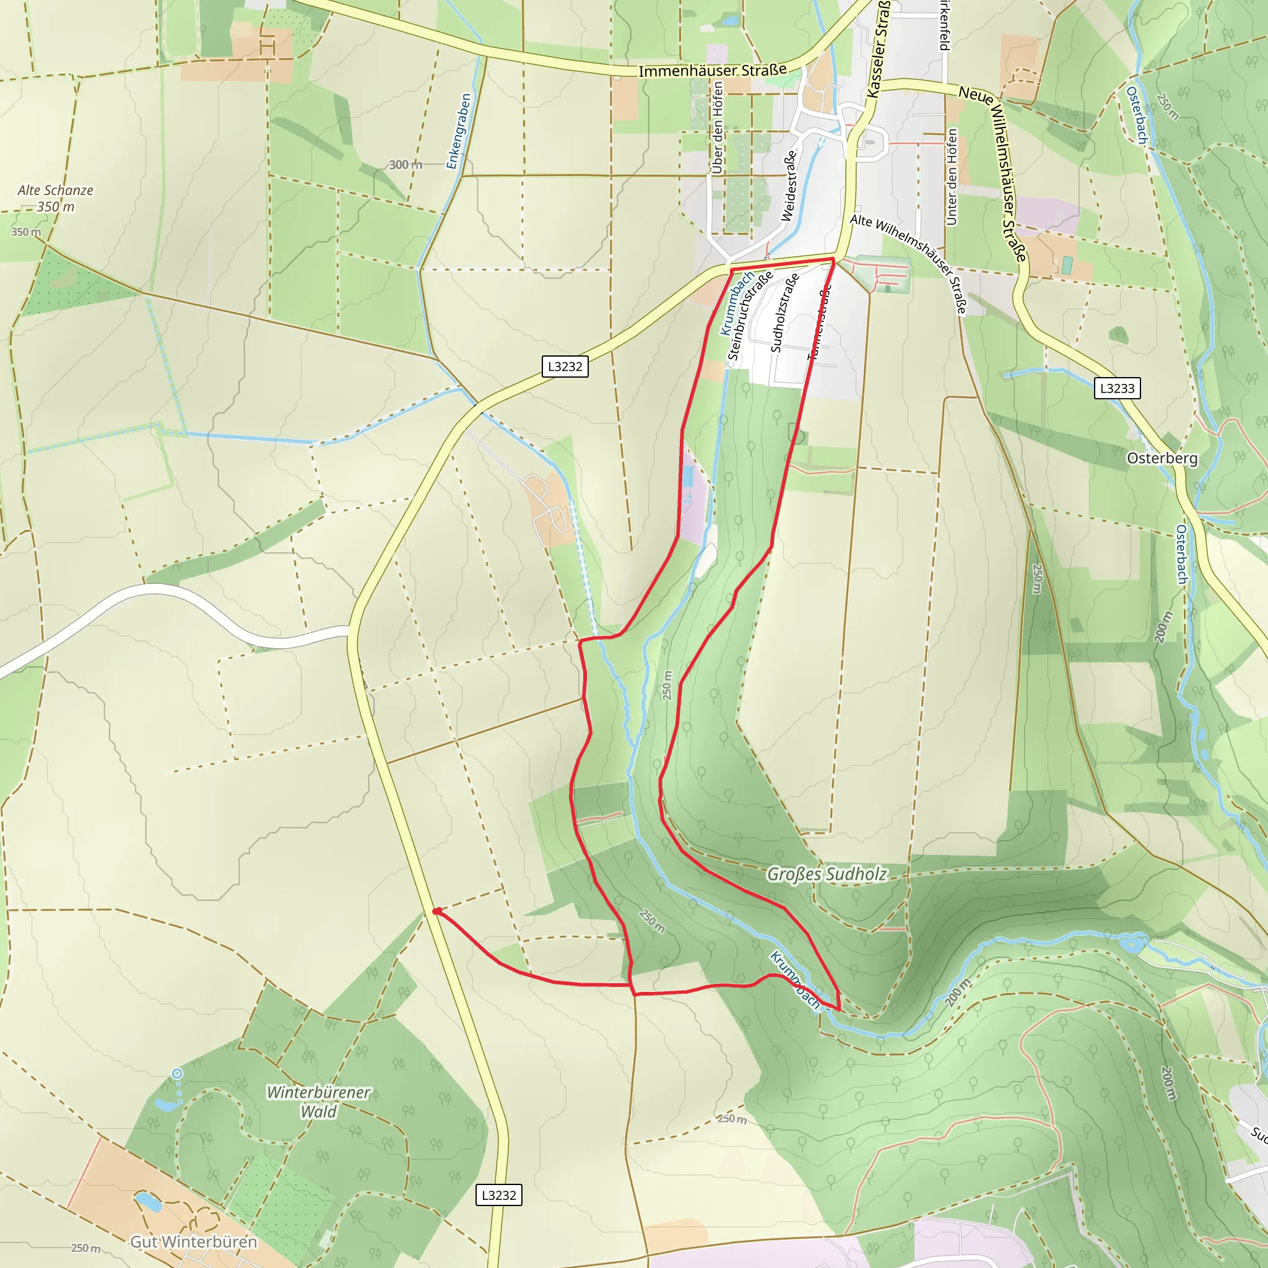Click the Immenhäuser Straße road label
click(712, 70)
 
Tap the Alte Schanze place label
click(55, 190)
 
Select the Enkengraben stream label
click(459, 131)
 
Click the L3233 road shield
click(1117, 388)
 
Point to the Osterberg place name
click(1162, 458)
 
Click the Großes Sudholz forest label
click(827, 874)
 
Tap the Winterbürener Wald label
click(319, 1101)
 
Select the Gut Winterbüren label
click(194, 1242)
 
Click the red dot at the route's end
click(436, 911)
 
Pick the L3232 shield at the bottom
click(499, 1195)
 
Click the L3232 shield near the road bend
click(565, 367)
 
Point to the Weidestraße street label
click(789, 186)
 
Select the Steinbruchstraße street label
click(750, 316)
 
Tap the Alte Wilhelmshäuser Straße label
click(910, 263)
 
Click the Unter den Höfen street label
click(952, 176)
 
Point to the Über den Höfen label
click(718, 128)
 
